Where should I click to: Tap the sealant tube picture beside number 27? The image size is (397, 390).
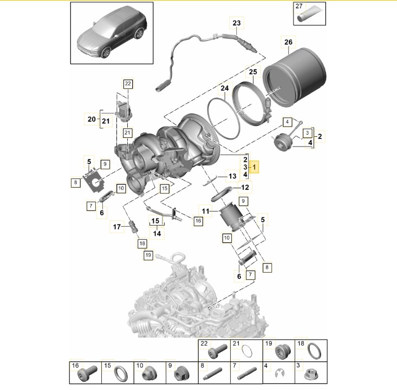coord(309,15)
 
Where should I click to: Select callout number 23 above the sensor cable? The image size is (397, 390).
coord(237,23)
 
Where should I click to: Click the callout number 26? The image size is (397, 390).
coord(288,42)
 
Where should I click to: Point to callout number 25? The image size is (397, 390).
coord(252,72)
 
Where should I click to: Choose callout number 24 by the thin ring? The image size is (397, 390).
coord(224,88)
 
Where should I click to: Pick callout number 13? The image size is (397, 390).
coord(232,176)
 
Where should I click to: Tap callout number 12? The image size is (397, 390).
coord(245,188)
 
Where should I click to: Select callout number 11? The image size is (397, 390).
coord(206,210)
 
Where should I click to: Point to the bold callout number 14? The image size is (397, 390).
coord(156,233)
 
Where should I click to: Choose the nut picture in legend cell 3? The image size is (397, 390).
coord(313,373)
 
